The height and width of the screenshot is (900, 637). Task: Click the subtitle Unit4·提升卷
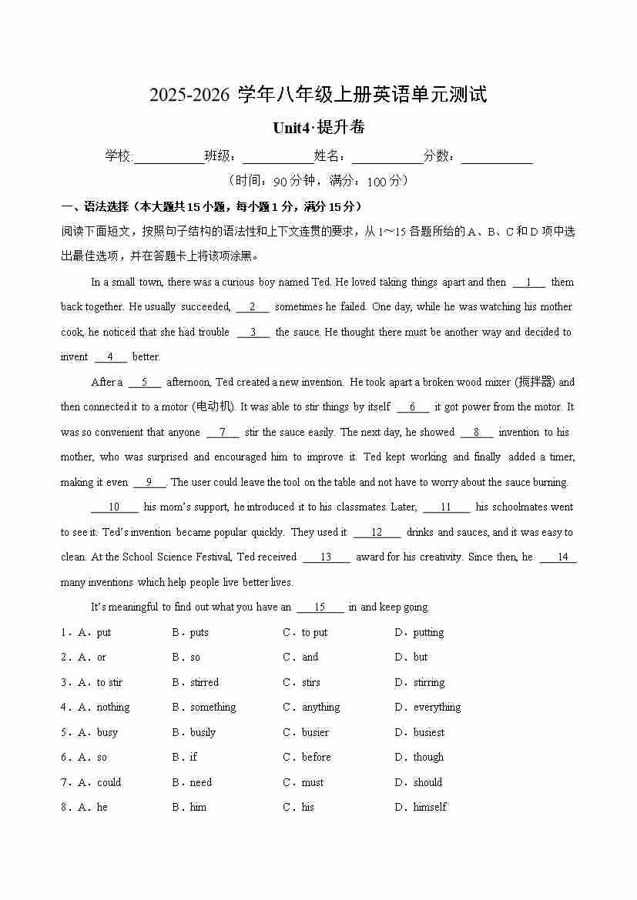point(318,128)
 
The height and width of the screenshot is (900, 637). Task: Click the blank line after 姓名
point(387,157)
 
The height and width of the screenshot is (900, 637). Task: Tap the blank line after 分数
point(497,157)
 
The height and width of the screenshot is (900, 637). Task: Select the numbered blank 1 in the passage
point(529,283)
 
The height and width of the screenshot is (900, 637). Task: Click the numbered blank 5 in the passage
point(145,383)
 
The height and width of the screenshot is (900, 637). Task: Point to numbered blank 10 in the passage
point(114,507)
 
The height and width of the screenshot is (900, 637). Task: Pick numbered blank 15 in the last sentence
point(320,607)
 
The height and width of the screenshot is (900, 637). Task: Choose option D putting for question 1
point(427,633)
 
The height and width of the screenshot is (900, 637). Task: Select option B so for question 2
point(194,657)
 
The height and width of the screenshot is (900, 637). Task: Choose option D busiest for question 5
point(428,733)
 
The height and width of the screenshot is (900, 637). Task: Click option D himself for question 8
point(429,808)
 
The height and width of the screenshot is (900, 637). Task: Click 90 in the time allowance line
point(280,182)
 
